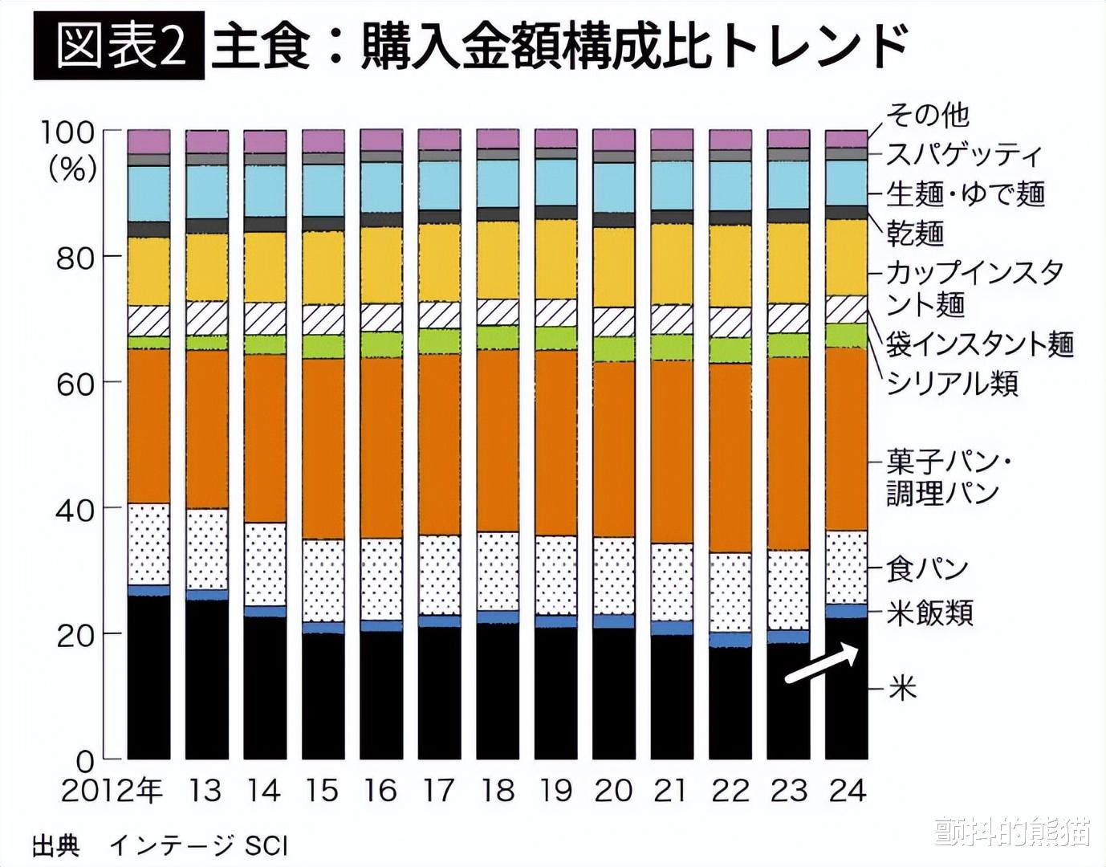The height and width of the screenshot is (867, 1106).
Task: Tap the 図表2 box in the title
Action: click(119, 45)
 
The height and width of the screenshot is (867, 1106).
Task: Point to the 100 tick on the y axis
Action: click(67, 132)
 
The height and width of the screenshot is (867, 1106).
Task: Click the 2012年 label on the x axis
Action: click(112, 791)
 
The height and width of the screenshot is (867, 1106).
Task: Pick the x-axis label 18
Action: click(497, 791)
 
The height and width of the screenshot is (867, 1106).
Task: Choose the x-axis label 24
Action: click(847, 791)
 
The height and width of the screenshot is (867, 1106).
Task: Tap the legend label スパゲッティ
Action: click(964, 154)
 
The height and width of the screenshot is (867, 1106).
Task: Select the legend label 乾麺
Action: click(915, 233)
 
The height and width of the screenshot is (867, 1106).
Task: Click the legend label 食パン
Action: click(928, 569)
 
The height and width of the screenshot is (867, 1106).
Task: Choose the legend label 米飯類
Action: click(930, 613)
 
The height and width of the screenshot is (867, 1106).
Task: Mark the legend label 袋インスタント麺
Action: click(980, 344)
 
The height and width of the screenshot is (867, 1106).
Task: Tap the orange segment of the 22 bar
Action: click(730, 458)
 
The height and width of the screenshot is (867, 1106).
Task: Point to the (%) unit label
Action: click(72, 169)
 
